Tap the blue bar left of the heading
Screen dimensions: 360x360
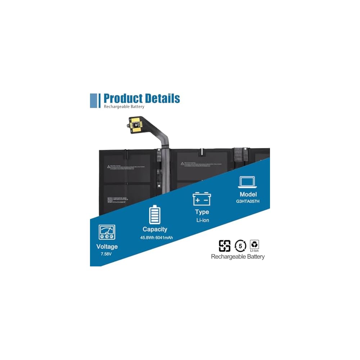93,100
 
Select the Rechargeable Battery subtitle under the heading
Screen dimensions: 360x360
124,107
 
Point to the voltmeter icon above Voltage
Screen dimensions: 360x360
107,233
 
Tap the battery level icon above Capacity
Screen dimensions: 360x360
154,215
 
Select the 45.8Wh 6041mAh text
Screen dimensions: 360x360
154,238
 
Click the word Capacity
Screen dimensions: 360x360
154,229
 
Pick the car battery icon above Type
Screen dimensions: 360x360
202,199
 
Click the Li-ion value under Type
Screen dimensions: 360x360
202,220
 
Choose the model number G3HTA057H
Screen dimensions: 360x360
248,201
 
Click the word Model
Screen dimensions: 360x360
248,194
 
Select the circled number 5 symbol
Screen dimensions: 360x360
240,246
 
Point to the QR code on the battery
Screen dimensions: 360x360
110,200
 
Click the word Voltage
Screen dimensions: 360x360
107,247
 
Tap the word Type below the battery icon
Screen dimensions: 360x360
202,212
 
